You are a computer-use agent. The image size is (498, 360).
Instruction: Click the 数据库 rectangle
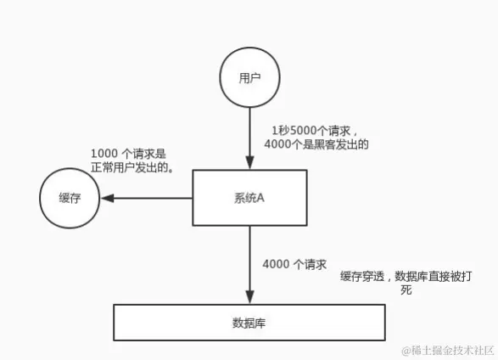249,323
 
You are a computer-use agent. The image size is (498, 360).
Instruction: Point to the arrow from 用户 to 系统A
249,136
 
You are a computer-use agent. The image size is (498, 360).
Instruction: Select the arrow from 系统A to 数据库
249,263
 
